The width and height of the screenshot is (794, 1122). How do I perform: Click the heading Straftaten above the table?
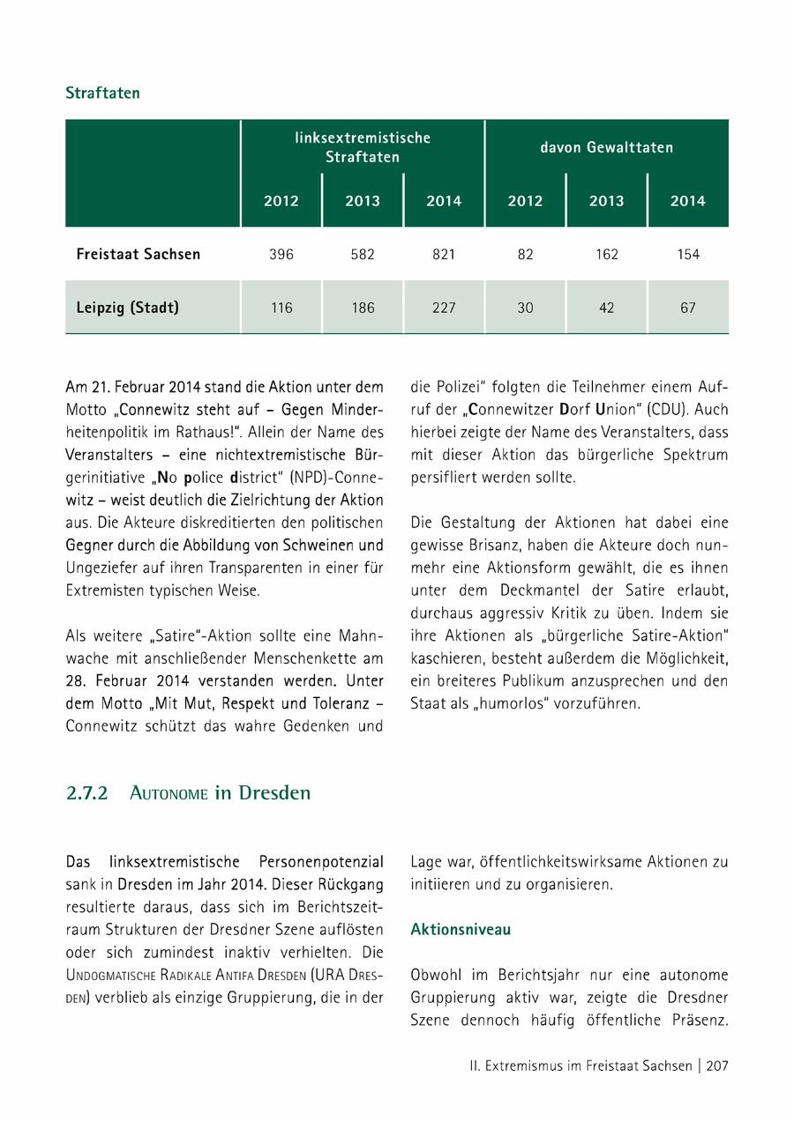102,93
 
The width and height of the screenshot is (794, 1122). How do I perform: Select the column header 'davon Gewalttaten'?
606,147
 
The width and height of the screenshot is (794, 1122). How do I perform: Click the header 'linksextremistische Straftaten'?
363,147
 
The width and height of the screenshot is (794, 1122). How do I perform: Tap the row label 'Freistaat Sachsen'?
139,254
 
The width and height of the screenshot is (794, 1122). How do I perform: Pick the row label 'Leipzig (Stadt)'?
128,308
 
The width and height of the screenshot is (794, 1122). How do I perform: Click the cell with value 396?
281,254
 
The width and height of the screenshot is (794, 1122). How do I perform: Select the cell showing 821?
444,254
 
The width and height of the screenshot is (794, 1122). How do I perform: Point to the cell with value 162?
606,254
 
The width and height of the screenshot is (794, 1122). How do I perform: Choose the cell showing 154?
687,254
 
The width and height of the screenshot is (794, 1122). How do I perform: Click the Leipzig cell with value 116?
281,308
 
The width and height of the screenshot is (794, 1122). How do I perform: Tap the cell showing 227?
444,308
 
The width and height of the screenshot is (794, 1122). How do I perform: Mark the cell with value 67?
687,308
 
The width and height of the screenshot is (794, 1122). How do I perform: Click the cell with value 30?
525,308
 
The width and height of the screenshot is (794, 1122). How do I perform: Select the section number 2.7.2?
86,792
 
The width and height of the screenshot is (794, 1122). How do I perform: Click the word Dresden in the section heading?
274,792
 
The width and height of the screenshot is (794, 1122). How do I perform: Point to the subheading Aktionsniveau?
461,930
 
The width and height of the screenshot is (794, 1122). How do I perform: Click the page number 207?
716,1066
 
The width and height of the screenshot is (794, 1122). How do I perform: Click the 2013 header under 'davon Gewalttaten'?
606,201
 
